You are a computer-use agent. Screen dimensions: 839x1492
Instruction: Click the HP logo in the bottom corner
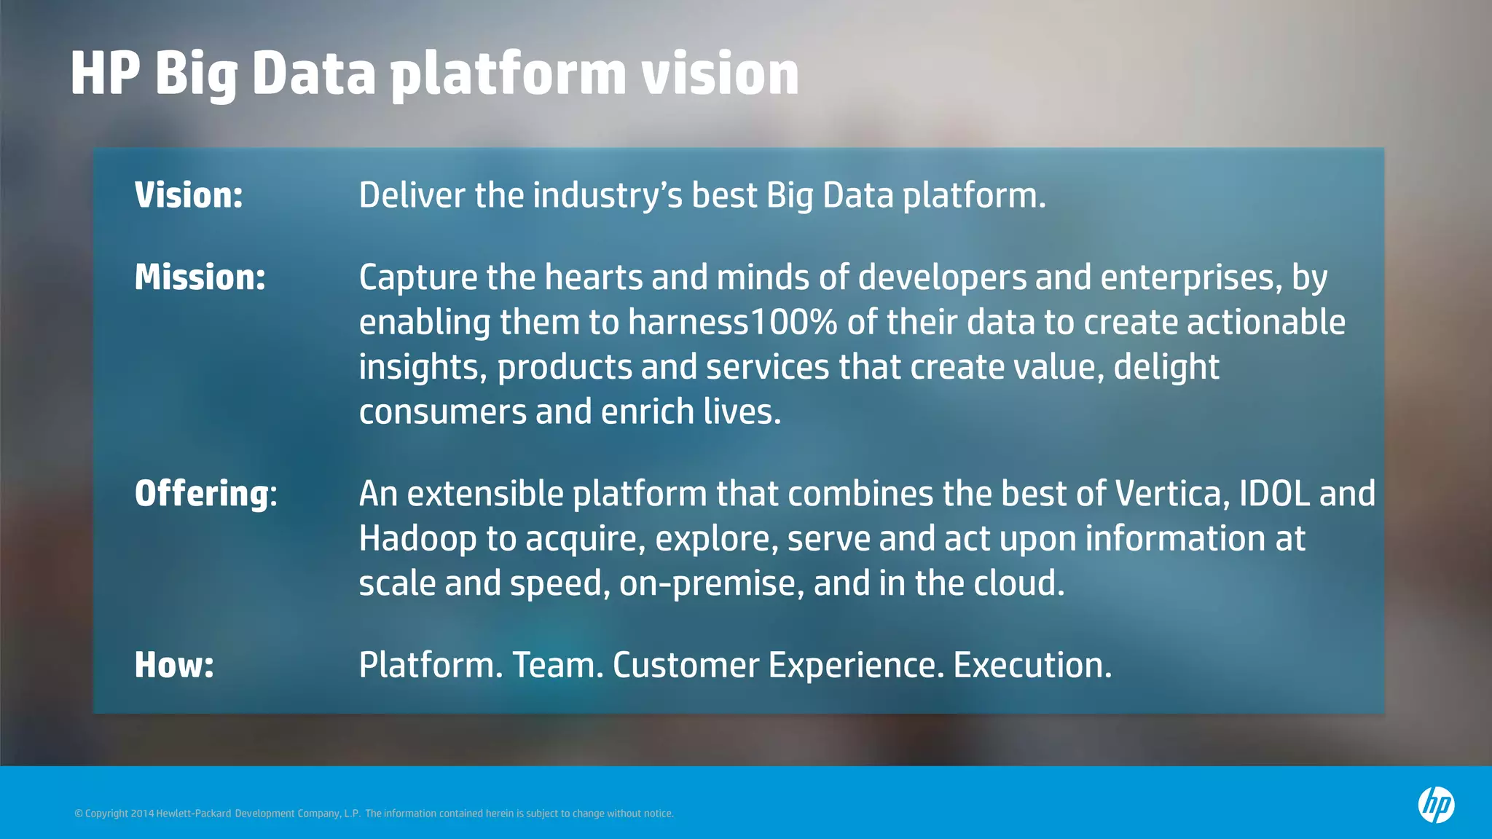point(1436,805)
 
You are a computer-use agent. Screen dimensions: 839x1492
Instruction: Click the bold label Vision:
point(189,195)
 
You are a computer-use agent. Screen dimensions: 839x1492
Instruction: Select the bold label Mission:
point(200,277)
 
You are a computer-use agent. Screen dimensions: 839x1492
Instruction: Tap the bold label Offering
point(201,494)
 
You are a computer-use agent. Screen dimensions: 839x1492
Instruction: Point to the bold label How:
point(174,665)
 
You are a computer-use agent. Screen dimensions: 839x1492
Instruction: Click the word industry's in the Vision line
point(608,196)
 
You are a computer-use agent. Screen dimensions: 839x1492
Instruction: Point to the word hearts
point(593,277)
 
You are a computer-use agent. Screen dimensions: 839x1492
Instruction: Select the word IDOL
point(1274,494)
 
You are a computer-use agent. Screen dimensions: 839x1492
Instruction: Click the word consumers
point(442,412)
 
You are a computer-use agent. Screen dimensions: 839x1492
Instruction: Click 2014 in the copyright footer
point(142,814)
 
